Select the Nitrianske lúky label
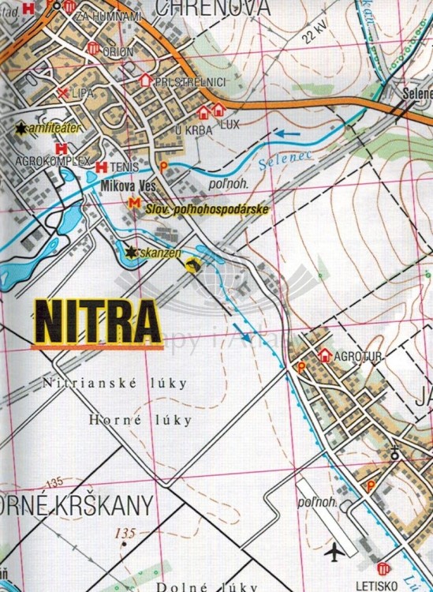(x=115, y=384)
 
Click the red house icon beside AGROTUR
(x=324, y=354)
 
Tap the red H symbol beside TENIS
(x=101, y=167)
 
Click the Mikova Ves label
(x=130, y=185)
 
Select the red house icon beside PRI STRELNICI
(x=145, y=81)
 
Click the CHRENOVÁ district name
(x=213, y=9)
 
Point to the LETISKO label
(x=383, y=586)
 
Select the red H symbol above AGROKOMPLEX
(x=60, y=148)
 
